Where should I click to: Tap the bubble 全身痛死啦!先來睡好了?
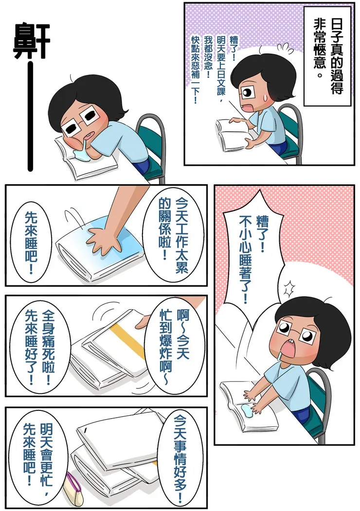[41, 348]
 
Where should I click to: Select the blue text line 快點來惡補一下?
[196, 68]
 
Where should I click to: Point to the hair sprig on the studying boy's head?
[263, 48]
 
